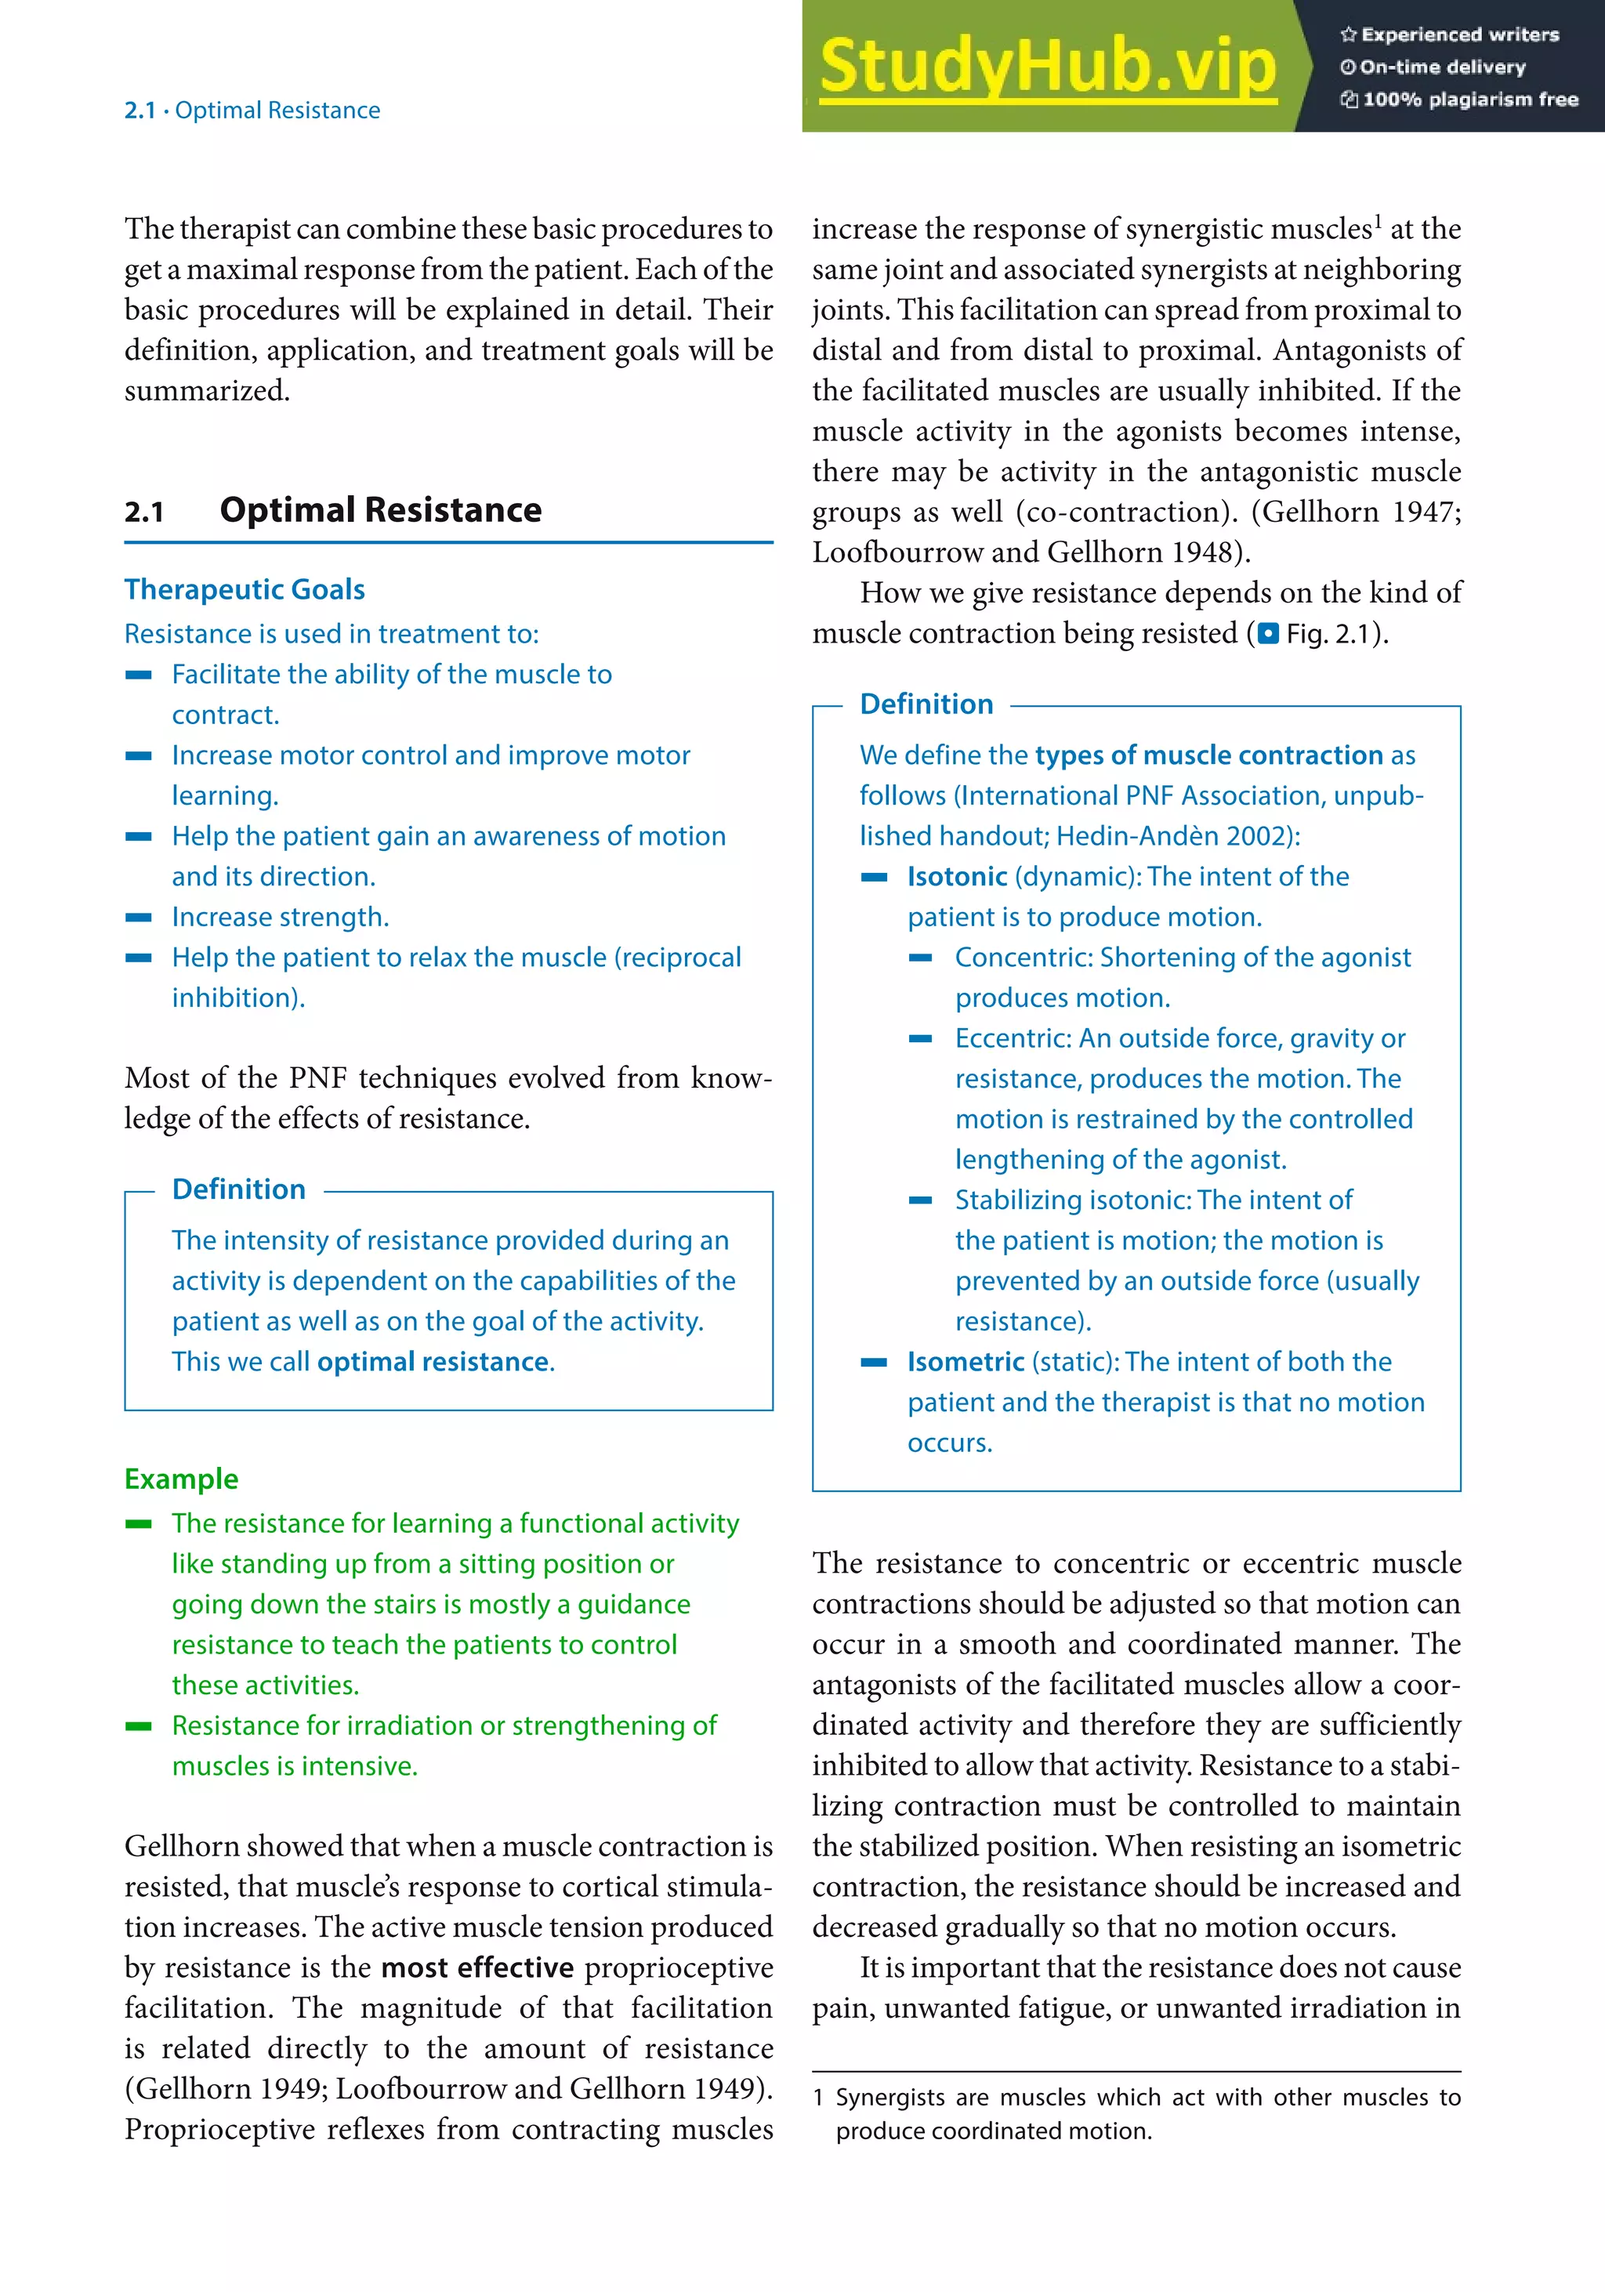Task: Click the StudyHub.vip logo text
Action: pyautogui.click(x=1047, y=66)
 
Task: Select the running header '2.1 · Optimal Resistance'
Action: pyautogui.click(x=252, y=110)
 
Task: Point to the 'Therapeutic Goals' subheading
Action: pyautogui.click(x=245, y=589)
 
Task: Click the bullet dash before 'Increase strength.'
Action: pyautogui.click(x=139, y=916)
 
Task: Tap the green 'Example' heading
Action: pyautogui.click(x=181, y=1479)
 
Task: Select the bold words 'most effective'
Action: pyautogui.click(x=477, y=1968)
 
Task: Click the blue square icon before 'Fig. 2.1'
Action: pyautogui.click(x=1268, y=634)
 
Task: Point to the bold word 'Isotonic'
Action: pyautogui.click(x=956, y=877)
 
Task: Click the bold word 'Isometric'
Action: pyautogui.click(x=966, y=1362)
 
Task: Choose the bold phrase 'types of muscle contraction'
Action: pyautogui.click(x=1208, y=755)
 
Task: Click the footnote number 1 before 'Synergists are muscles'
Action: pyautogui.click(x=818, y=2098)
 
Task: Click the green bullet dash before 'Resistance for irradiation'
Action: pyautogui.click(x=139, y=1725)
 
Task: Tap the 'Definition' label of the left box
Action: pyautogui.click(x=238, y=1189)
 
